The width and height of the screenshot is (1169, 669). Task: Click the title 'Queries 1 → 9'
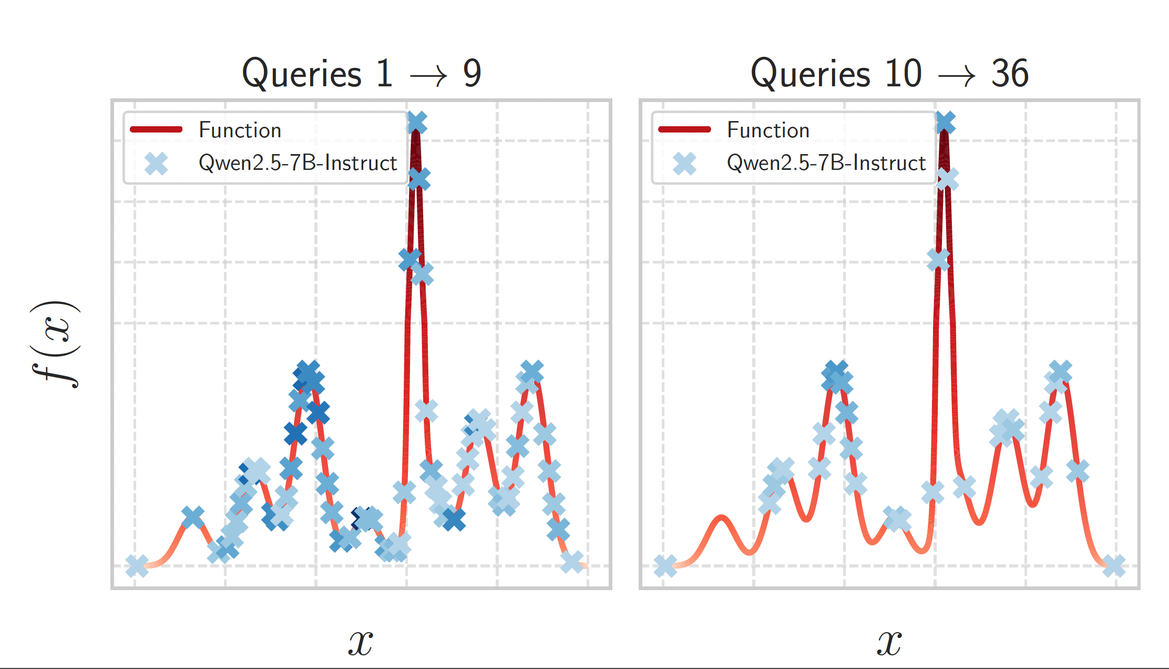click(x=361, y=73)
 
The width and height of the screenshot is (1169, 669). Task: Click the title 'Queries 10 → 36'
click(x=889, y=73)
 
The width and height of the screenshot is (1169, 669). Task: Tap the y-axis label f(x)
click(x=55, y=344)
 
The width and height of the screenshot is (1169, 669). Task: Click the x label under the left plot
click(x=361, y=643)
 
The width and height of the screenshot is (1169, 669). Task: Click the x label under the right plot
click(x=889, y=643)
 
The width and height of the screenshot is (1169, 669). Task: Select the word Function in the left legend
click(x=240, y=130)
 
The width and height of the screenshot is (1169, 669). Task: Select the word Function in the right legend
click(x=768, y=130)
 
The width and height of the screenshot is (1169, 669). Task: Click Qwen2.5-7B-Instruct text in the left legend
click(x=298, y=163)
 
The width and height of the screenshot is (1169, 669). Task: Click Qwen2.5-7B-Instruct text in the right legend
click(x=826, y=163)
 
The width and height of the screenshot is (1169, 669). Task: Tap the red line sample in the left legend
click(x=156, y=129)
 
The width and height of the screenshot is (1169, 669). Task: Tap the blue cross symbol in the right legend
click(x=684, y=164)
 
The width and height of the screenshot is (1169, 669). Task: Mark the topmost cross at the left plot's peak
click(x=417, y=123)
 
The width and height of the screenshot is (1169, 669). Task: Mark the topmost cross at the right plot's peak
click(x=945, y=123)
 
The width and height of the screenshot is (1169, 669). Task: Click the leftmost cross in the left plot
click(x=137, y=566)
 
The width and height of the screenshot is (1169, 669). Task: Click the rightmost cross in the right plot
click(x=1114, y=566)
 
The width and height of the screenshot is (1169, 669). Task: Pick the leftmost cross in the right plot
click(x=665, y=566)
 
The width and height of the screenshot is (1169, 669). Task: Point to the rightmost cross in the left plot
click(x=572, y=562)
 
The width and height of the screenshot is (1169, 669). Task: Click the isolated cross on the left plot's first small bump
click(x=193, y=518)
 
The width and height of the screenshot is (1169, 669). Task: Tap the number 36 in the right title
click(x=1010, y=73)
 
